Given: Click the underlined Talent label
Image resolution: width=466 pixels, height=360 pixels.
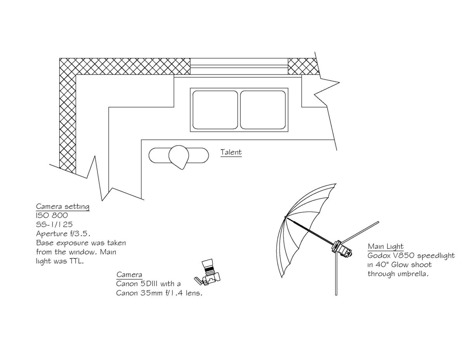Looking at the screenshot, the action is pos(231,152).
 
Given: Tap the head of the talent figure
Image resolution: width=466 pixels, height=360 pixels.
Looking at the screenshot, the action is pos(179,156).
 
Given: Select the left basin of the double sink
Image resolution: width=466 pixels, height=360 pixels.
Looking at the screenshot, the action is pos(215,110).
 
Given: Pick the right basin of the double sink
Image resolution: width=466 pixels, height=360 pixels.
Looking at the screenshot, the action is pos(263,110).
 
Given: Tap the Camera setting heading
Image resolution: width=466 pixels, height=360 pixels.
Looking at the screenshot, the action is pos(63,206).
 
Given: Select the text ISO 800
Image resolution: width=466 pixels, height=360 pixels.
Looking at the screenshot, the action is pos(52,215).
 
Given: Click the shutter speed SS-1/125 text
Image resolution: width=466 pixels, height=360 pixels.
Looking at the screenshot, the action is pos(54,224).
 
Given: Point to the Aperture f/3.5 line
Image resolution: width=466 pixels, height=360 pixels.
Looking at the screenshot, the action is pos(63,233).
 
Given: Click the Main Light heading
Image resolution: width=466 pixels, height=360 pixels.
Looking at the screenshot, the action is pos(386,246).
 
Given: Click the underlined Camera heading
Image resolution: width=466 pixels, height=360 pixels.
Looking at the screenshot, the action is pos(129,275).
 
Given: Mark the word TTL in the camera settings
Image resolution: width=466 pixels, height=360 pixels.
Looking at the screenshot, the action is pos(77,261).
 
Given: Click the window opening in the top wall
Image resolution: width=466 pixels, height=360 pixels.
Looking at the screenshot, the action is pos(239,66).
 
